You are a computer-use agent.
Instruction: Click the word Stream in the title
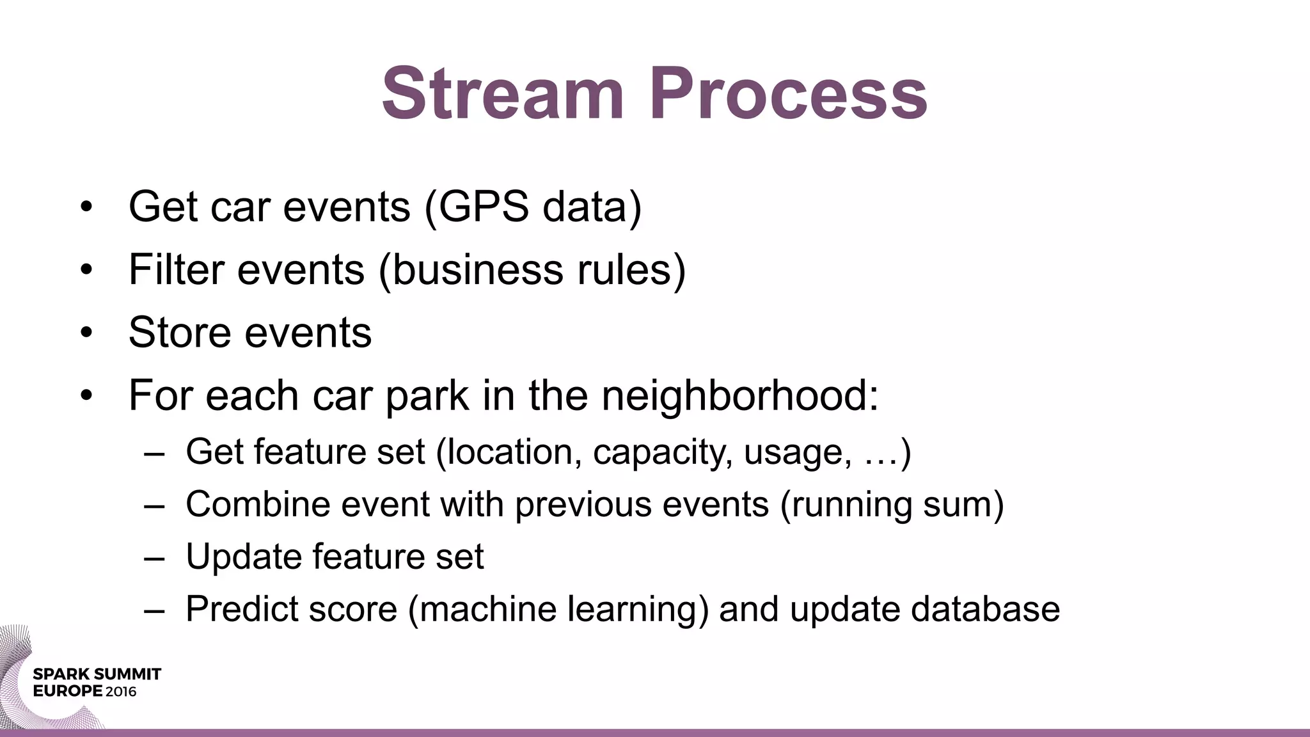503,95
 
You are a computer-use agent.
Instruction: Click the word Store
180,332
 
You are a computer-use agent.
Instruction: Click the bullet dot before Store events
87,333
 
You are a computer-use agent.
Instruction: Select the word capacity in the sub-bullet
662,452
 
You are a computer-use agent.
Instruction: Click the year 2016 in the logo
121,692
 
